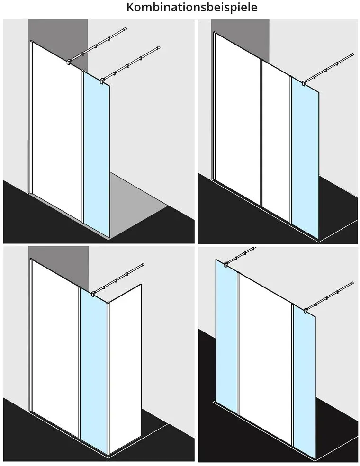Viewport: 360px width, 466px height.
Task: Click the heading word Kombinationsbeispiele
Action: click(192, 7)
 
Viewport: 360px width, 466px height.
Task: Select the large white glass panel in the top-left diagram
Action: click(56, 131)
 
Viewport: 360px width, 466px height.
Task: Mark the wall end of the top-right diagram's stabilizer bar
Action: click(352, 54)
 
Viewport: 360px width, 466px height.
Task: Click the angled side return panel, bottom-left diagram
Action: click(125, 368)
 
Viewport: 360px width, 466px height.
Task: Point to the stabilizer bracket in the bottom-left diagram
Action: click(93, 294)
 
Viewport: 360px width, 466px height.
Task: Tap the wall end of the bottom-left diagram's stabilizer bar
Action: click(143, 264)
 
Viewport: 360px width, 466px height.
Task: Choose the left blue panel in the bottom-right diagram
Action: click(226, 337)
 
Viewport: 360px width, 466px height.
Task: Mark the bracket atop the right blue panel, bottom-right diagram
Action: click(306, 311)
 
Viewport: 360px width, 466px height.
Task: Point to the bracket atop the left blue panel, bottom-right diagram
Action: click(226, 264)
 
